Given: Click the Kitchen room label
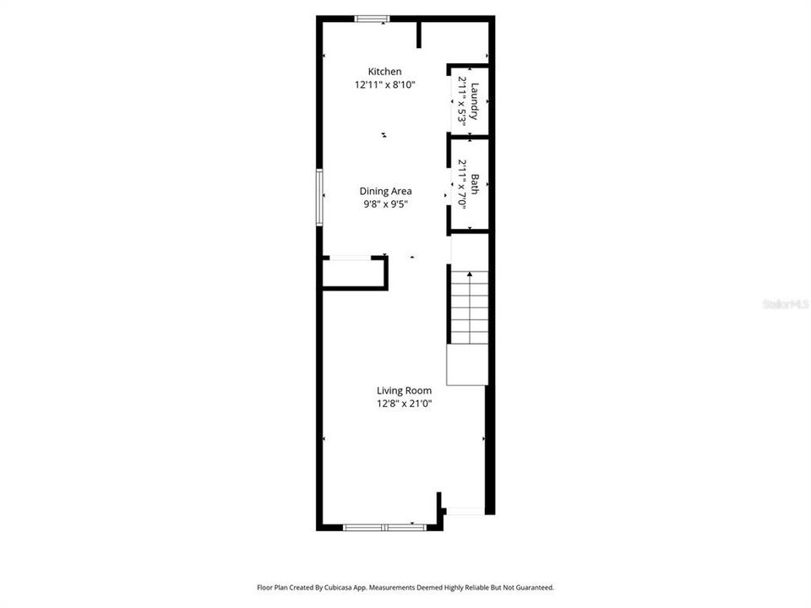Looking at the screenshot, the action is (384, 71).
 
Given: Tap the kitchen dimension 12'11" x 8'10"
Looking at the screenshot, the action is (385, 84).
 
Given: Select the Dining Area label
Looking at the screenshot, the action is (385, 192).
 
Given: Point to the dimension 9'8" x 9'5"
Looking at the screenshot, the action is (385, 204).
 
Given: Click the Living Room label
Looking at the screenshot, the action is (404, 391).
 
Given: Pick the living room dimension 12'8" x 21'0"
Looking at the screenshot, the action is (404, 404).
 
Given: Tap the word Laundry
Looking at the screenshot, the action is (475, 101).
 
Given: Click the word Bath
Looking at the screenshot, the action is (474, 185).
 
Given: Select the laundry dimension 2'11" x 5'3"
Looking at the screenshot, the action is (461, 98).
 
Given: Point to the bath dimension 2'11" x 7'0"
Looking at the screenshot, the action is (461, 184).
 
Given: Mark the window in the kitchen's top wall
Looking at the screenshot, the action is (372, 19).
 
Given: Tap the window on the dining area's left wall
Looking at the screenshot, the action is (319, 198).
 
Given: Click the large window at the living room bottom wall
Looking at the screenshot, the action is (385, 527).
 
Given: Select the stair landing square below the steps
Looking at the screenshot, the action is (467, 365).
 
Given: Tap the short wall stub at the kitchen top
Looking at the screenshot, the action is (419, 35).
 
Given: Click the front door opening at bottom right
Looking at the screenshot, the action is (465, 512).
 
